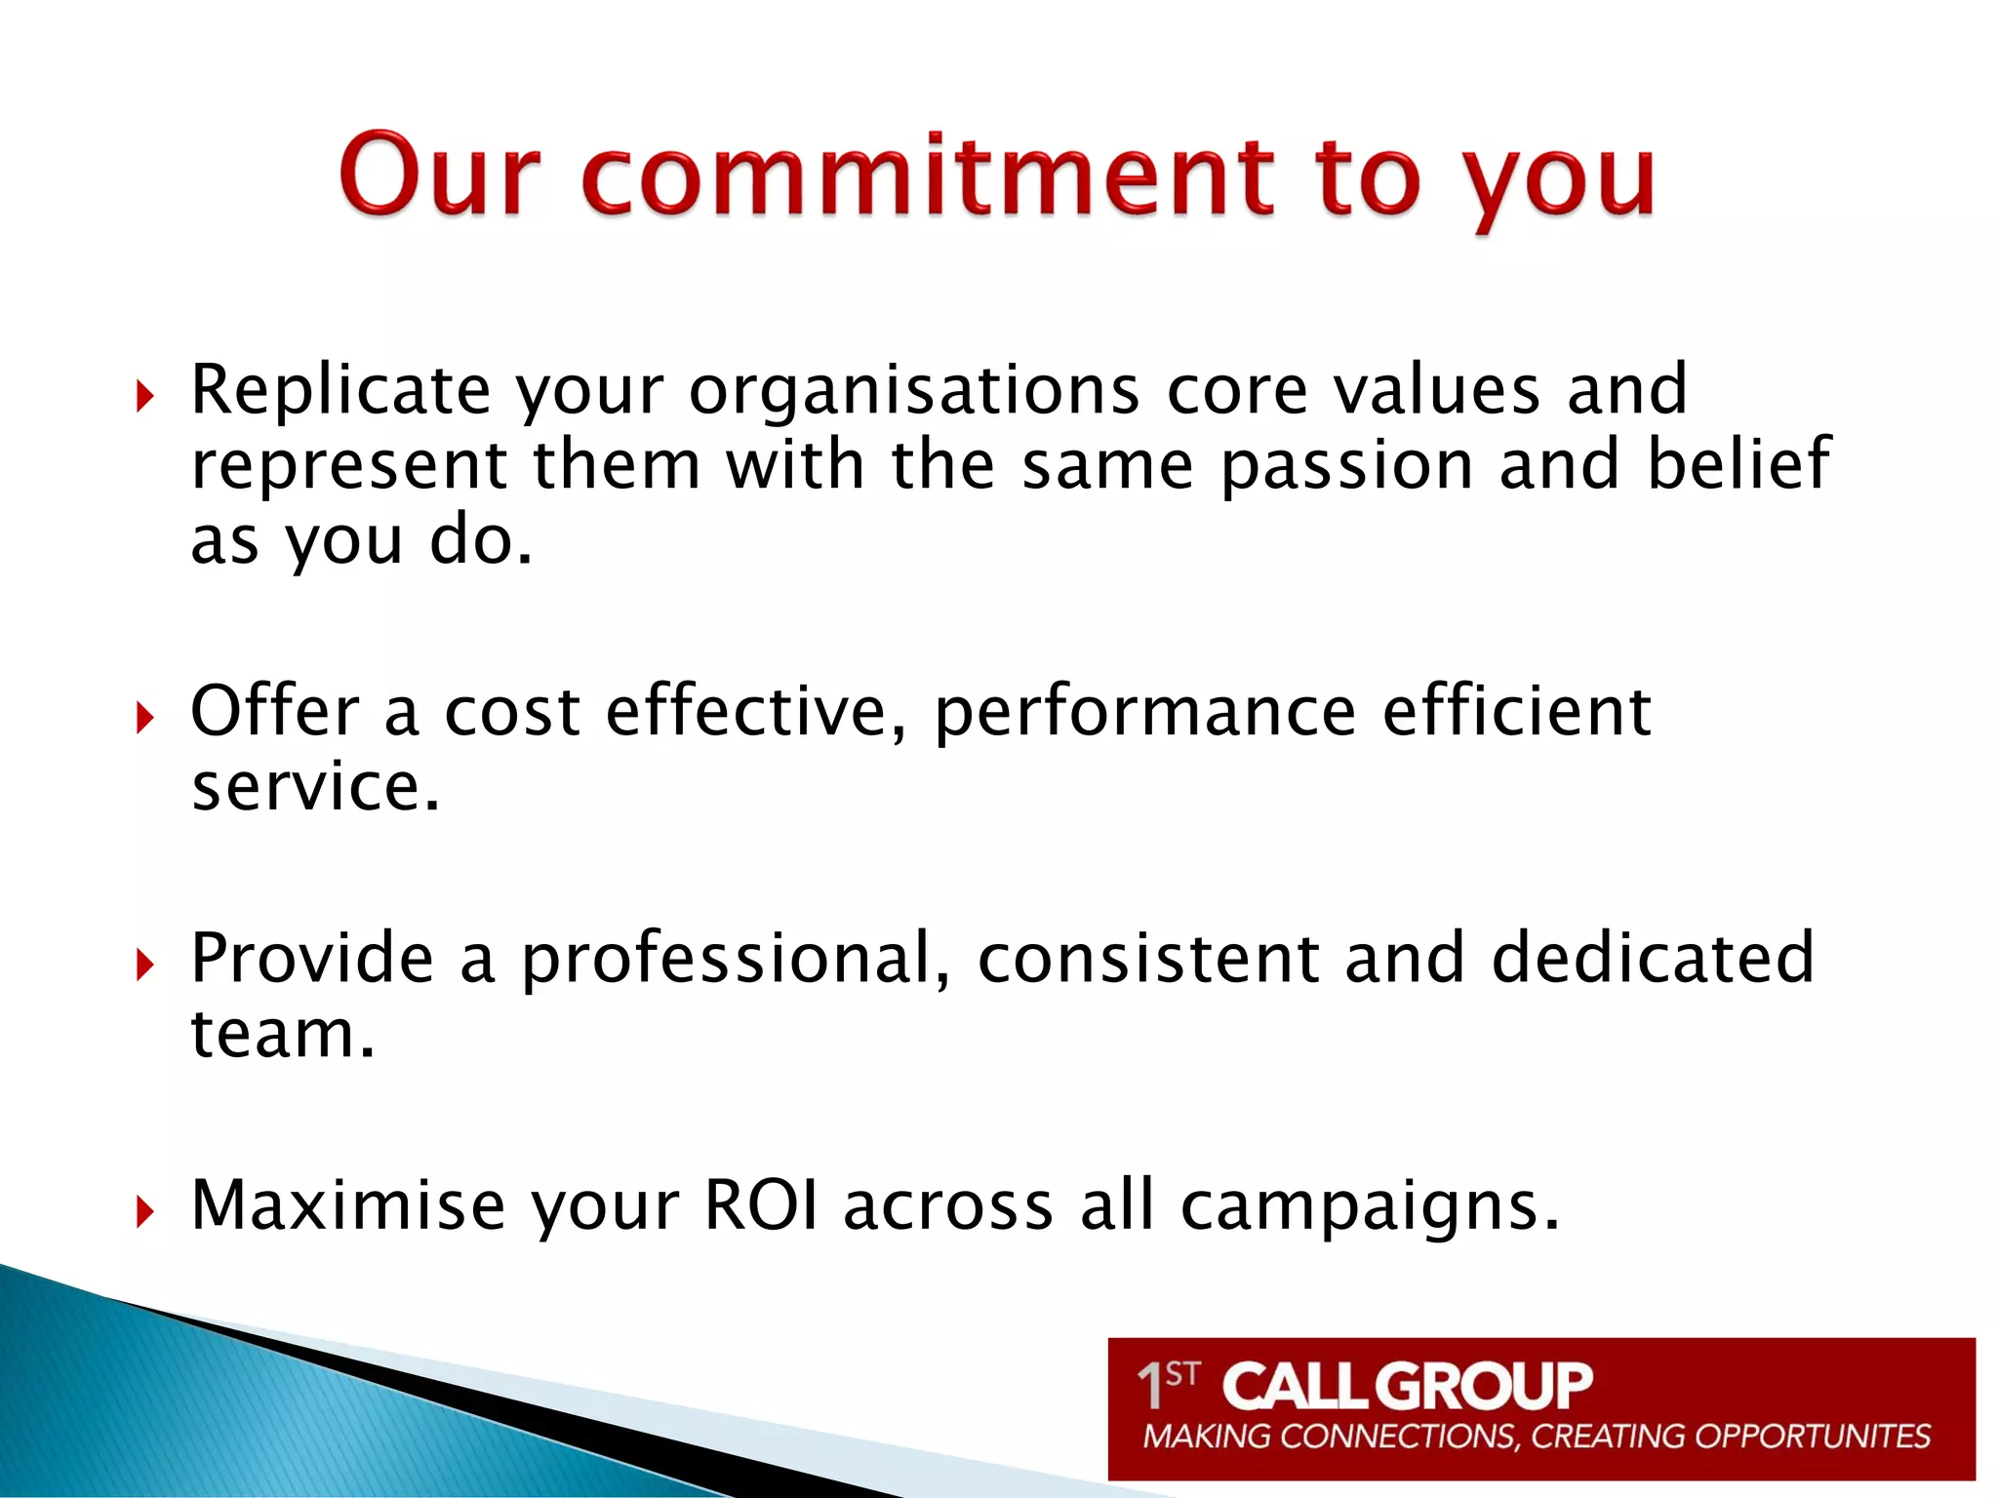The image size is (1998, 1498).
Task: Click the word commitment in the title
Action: pyautogui.click(x=927, y=176)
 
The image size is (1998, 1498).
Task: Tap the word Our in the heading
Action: pyautogui.click(x=439, y=176)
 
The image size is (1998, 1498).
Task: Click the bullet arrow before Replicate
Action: pyautogui.click(x=145, y=397)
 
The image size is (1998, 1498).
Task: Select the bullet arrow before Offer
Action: pyautogui.click(x=145, y=719)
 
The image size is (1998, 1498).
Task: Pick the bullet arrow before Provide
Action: pyautogui.click(x=145, y=966)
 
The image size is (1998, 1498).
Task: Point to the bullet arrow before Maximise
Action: pyautogui.click(x=145, y=1212)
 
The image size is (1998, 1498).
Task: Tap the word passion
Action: pyautogui.click(x=1346, y=466)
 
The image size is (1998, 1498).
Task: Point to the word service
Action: pyautogui.click(x=315, y=788)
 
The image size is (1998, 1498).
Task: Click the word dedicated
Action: pyautogui.click(x=1653, y=958)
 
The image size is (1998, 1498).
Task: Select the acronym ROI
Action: pyautogui.click(x=761, y=1206)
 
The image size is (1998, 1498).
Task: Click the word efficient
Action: pyautogui.click(x=1516, y=711)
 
